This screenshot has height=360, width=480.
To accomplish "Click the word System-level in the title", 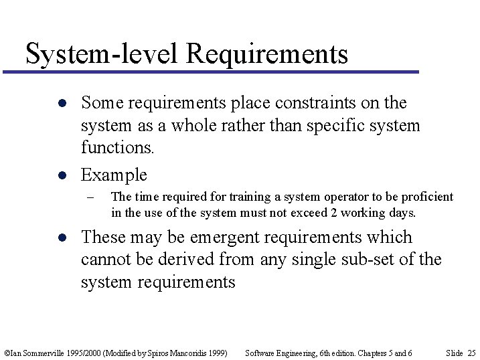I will tap(101, 54).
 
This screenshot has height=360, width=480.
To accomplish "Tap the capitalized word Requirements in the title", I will tap(268, 54).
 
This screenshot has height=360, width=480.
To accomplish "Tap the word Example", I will tap(114, 175).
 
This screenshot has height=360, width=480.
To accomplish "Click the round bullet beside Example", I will tap(60, 175).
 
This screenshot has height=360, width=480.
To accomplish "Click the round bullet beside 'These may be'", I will tap(60, 238).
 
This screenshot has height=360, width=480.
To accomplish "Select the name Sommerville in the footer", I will tap(45, 353).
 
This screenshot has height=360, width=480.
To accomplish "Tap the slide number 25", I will tap(471, 353).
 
